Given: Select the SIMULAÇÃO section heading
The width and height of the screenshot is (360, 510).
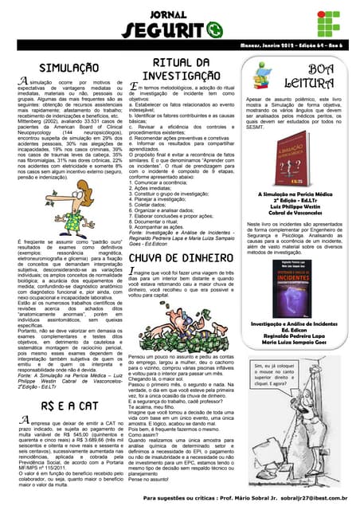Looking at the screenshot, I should (64, 69).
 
